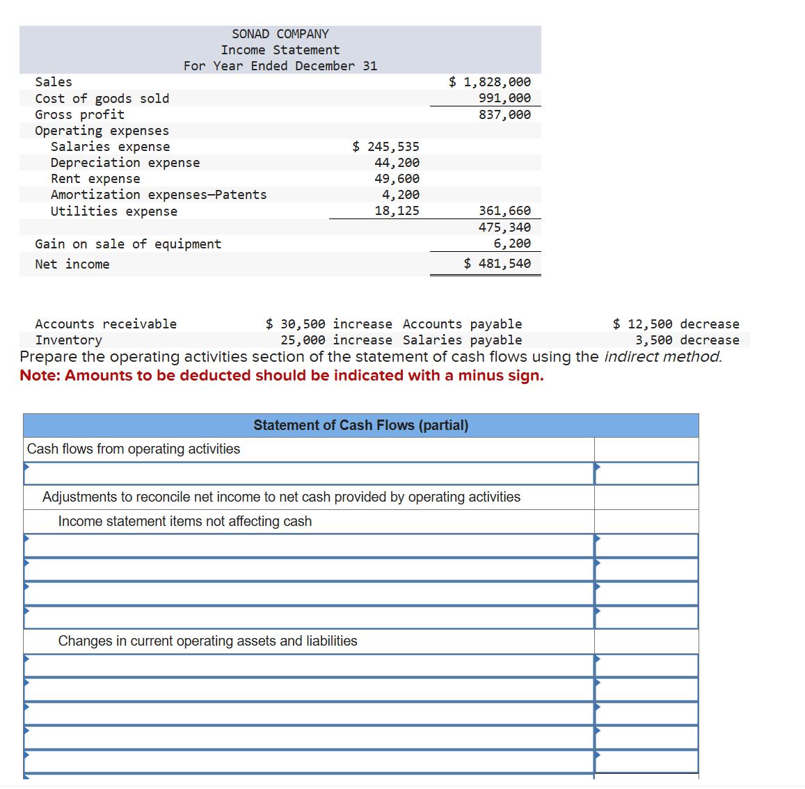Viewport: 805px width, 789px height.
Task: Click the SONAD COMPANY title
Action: [280, 34]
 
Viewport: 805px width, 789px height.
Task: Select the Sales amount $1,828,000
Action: [489, 82]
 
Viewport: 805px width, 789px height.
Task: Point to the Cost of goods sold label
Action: [102, 99]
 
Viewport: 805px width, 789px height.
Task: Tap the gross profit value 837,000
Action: [504, 115]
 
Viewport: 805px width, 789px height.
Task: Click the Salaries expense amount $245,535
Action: [385, 147]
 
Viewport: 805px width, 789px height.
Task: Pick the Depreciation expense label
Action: [125, 163]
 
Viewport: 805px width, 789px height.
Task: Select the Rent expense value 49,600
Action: [397, 179]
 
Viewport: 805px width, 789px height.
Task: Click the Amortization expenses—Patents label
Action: [159, 195]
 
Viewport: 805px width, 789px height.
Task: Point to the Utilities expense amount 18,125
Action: [397, 211]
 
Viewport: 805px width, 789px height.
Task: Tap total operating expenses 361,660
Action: [504, 211]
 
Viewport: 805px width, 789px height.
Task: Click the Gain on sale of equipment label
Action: [128, 244]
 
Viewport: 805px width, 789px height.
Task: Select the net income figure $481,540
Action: [497, 264]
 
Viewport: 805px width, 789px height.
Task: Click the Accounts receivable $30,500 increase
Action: [328, 324]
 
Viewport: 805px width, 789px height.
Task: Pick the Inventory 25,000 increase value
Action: [336, 340]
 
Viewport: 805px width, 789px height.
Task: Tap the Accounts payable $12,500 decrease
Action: [676, 324]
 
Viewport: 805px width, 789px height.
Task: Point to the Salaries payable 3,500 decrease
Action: [687, 340]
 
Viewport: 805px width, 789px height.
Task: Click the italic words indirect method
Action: [662, 357]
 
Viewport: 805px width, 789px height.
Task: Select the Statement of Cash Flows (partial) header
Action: [360, 425]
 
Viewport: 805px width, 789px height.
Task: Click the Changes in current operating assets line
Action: [207, 641]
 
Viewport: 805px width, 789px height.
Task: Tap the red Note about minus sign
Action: [281, 376]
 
